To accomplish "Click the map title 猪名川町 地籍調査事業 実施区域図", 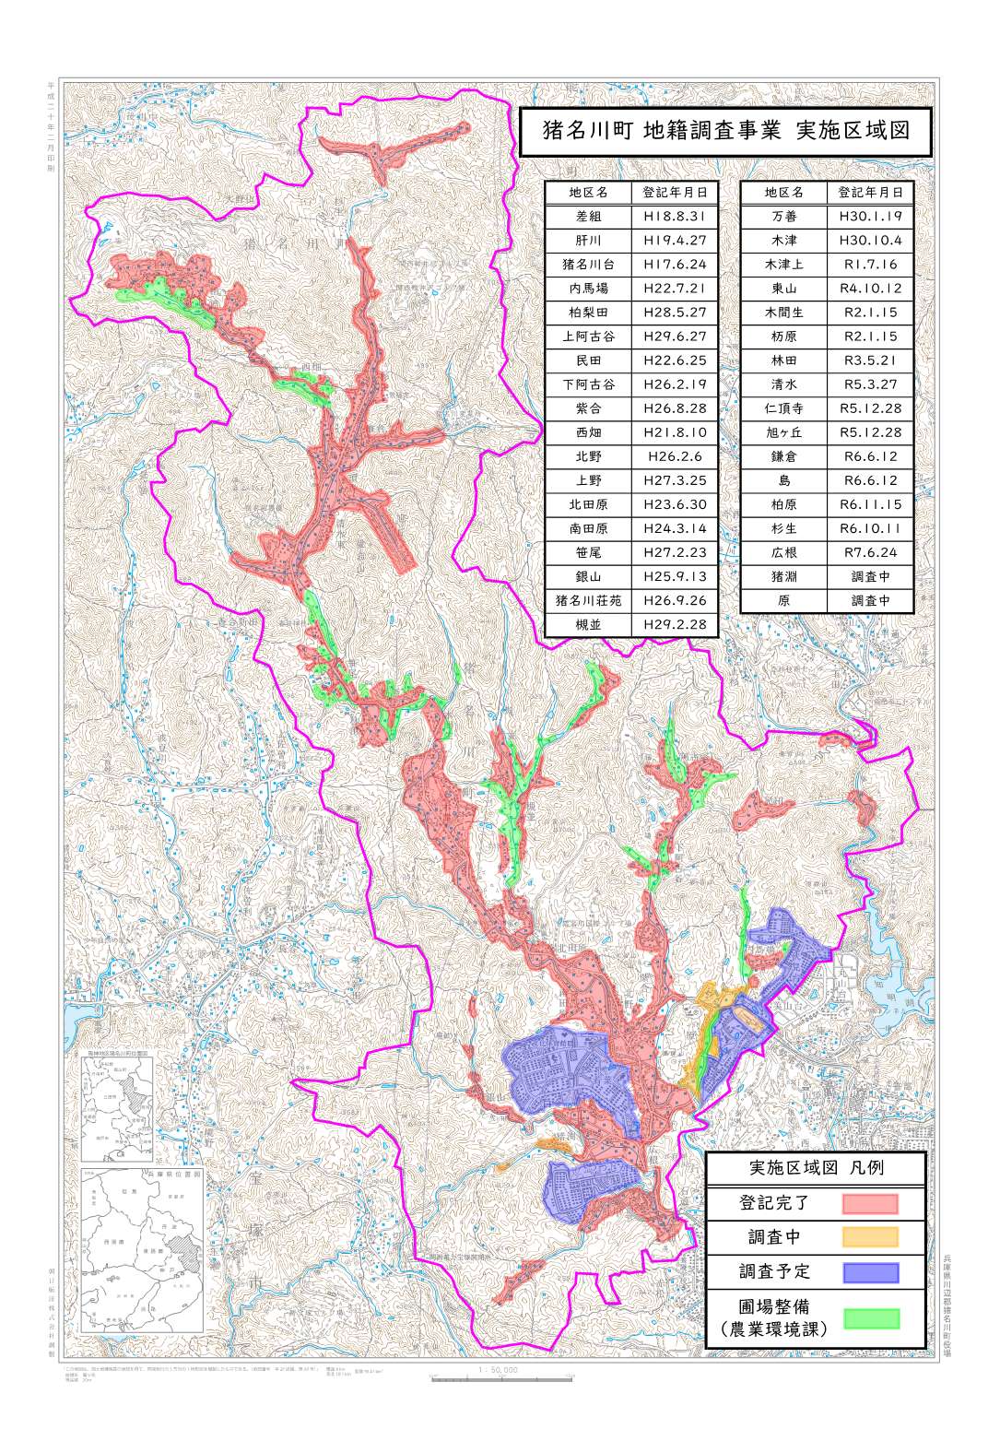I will pyautogui.click(x=725, y=130).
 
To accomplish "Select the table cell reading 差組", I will pyautogui.click(x=588, y=217).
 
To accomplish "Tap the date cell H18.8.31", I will pyautogui.click(x=675, y=217).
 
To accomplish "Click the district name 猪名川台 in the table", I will pyautogui.click(x=588, y=265).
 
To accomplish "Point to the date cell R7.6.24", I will pyautogui.click(x=870, y=552).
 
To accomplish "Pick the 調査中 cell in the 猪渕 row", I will pyautogui.click(x=870, y=576).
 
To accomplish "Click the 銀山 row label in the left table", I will pyautogui.click(x=588, y=576).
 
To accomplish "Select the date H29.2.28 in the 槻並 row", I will pyautogui.click(x=675, y=624).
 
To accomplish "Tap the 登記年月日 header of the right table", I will pyautogui.click(x=870, y=193).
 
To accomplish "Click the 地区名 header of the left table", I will pyautogui.click(x=588, y=193).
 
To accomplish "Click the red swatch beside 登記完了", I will pyautogui.click(x=869, y=1203).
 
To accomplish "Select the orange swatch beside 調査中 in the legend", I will pyautogui.click(x=869, y=1237).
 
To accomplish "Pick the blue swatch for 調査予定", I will pyautogui.click(x=869, y=1272).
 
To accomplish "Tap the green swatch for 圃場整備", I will pyautogui.click(x=869, y=1317).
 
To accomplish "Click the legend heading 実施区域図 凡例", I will pyautogui.click(x=815, y=1168).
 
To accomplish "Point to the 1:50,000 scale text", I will pyautogui.click(x=499, y=1370).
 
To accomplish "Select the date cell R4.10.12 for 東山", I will pyautogui.click(x=870, y=289).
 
